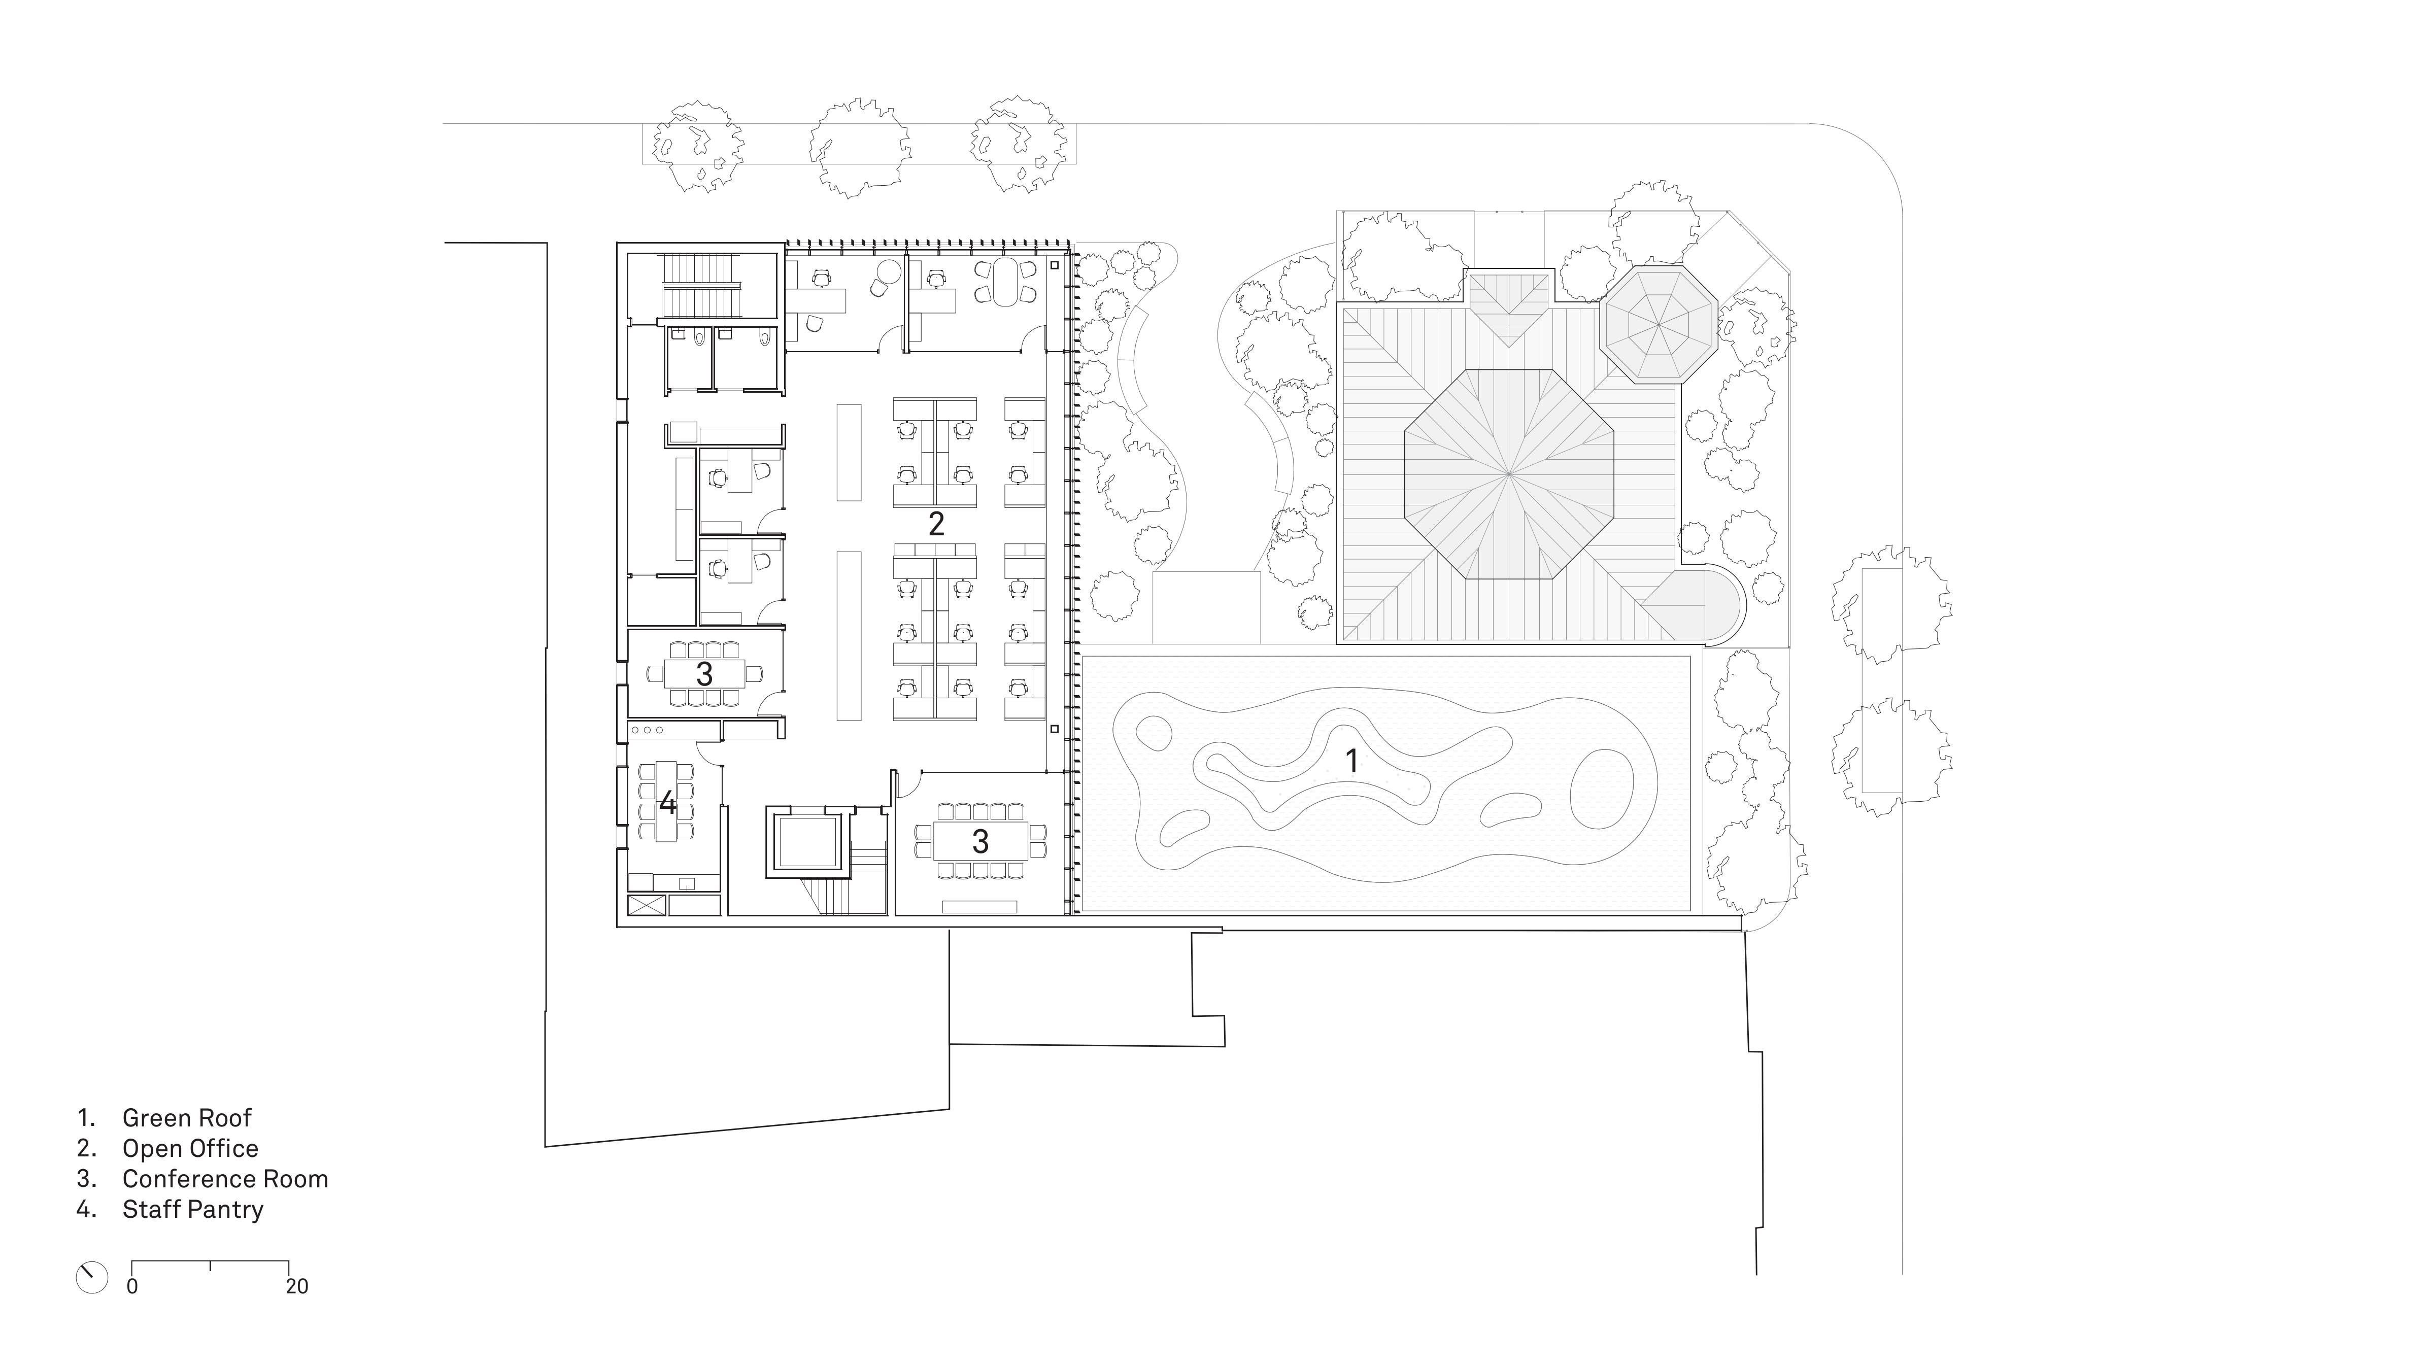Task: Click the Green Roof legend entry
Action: [x=186, y=1117]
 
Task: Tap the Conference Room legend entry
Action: [x=225, y=1179]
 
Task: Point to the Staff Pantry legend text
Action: [x=193, y=1209]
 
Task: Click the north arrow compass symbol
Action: [x=92, y=1277]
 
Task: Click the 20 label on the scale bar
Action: [x=297, y=1287]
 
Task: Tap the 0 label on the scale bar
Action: [x=132, y=1287]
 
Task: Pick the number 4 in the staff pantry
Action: [x=668, y=804]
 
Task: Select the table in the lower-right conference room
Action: [x=980, y=840]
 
